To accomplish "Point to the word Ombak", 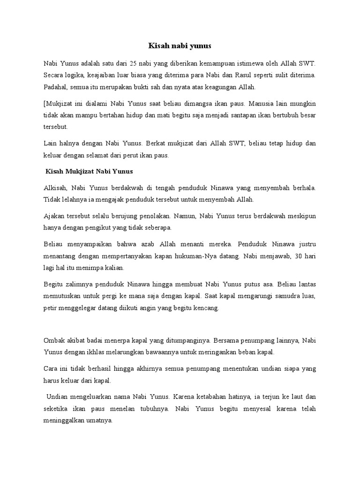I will click(54, 340).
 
